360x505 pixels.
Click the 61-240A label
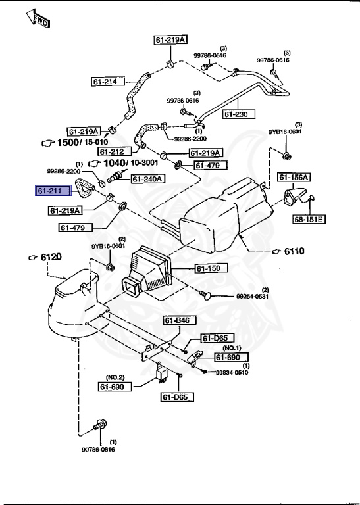[147, 178]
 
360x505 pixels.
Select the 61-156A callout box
[294, 177]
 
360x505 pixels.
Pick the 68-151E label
[308, 218]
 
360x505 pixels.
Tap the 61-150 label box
[211, 268]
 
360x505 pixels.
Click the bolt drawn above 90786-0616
[101, 424]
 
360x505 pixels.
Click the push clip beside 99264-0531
[207, 293]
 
